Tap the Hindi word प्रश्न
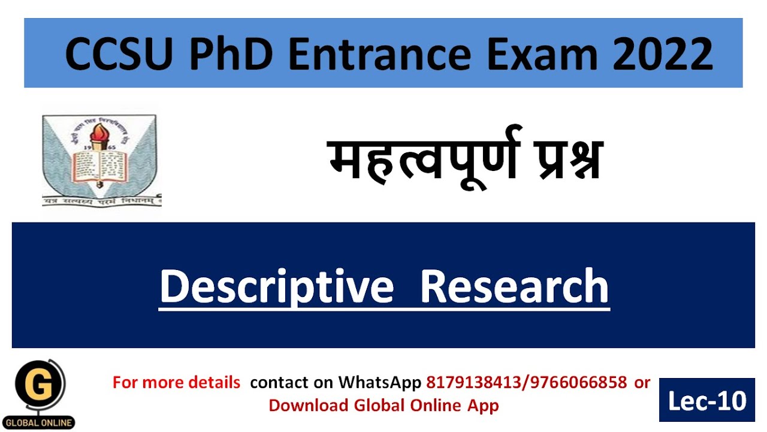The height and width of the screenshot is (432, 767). pyautogui.click(x=557, y=159)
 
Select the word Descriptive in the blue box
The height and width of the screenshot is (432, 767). pyautogui.click(x=276, y=286)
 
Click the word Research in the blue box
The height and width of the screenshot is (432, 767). pyautogui.click(x=514, y=286)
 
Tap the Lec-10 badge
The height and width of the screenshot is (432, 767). pyautogui.click(x=707, y=400)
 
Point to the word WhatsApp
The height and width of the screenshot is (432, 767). pyautogui.click(x=380, y=382)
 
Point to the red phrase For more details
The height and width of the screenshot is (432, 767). pyautogui.click(x=176, y=382)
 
